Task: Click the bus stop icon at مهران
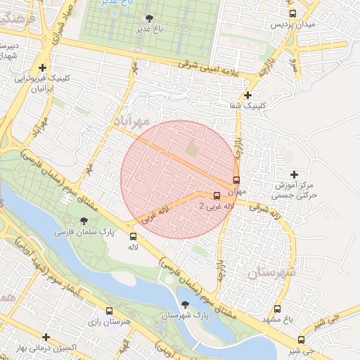[x=236, y=180]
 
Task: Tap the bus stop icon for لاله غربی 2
[x=216, y=196]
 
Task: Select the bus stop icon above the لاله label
[x=133, y=236]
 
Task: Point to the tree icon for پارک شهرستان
[x=185, y=304]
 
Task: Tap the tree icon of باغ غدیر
[x=148, y=18]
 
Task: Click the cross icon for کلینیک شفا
[x=247, y=95]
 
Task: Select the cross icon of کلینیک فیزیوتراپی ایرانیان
[x=43, y=67]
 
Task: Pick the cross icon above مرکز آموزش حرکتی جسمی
[x=294, y=174]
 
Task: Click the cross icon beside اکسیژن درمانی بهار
[x=46, y=337]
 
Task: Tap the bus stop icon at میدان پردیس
[x=292, y=13]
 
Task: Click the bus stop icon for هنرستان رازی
[x=108, y=310]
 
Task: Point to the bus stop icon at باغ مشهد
[x=278, y=308]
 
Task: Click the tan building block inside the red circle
[x=193, y=149]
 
